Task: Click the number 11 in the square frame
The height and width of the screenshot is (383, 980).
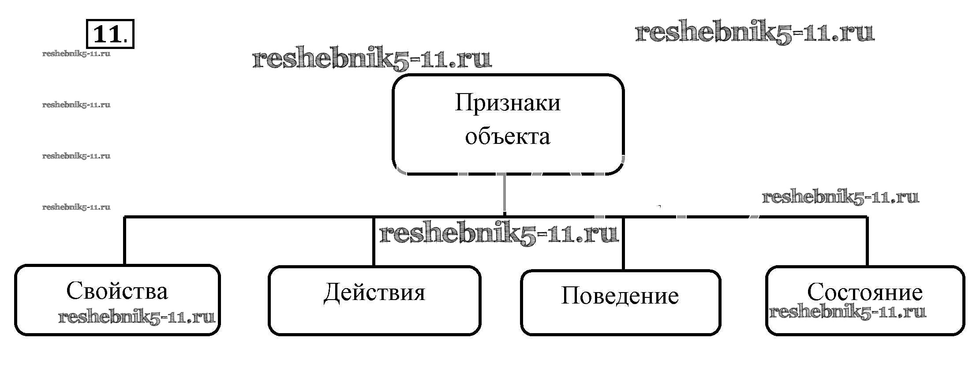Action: click(107, 34)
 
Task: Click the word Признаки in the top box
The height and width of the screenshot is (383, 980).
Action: click(508, 103)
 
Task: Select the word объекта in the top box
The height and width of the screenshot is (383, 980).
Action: click(508, 136)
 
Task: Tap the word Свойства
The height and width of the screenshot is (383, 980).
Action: click(117, 291)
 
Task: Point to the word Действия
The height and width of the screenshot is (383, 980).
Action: click(374, 293)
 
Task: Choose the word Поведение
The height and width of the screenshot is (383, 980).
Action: click(620, 296)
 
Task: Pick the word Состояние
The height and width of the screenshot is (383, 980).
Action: click(864, 292)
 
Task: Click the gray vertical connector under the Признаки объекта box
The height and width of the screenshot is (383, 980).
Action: click(504, 194)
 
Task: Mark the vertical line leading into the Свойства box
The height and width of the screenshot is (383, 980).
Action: click(125, 240)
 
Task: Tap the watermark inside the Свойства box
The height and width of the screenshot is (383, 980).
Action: click(137, 317)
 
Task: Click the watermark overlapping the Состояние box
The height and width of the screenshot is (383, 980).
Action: click(847, 312)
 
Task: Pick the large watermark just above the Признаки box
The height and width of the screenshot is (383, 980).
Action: click(372, 59)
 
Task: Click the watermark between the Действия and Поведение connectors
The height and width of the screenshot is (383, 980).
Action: click(499, 233)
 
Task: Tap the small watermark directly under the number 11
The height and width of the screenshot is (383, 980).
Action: click(76, 54)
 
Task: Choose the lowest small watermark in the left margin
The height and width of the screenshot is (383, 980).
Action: click(76, 207)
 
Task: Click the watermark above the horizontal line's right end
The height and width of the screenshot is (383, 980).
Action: click(840, 197)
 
